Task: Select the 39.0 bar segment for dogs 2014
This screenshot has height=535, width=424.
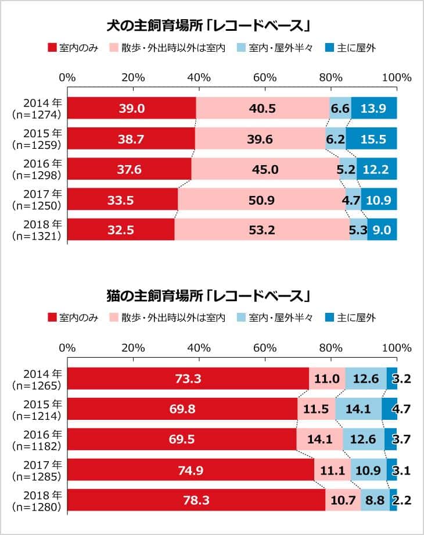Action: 132,108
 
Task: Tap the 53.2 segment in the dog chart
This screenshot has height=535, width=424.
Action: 262,230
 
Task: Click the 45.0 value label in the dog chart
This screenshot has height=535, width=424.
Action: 265,169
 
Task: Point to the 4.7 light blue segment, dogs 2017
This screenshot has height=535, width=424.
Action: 353,199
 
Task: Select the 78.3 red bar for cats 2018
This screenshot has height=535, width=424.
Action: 196,500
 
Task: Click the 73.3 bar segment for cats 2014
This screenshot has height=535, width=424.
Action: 188,379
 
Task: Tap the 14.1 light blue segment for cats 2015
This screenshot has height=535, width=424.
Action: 358,409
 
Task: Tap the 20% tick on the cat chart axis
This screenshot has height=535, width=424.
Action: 133,348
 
